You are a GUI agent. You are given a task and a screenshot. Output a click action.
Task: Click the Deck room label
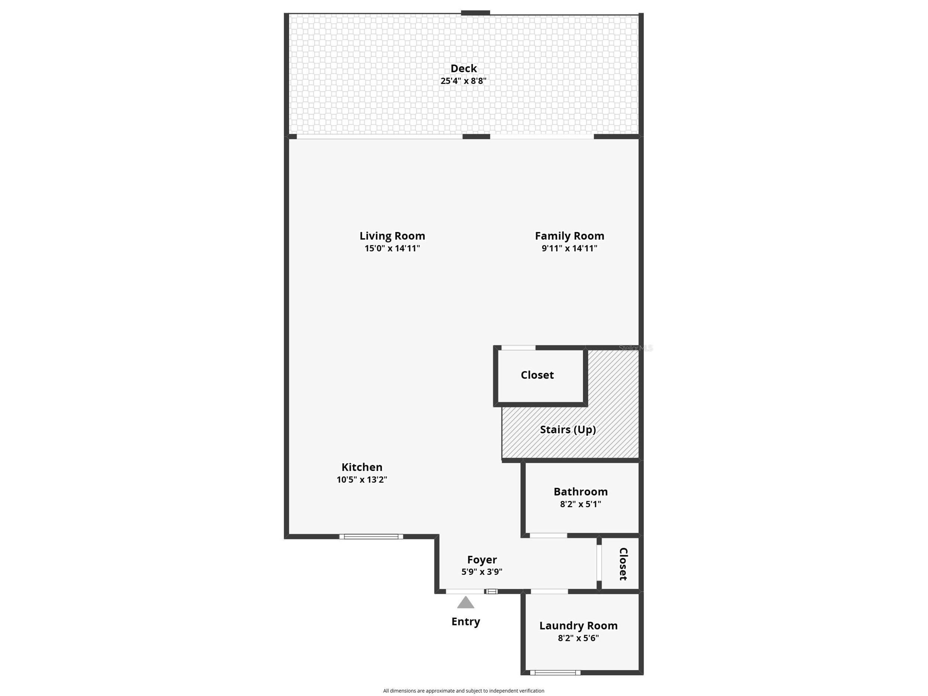[x=463, y=68]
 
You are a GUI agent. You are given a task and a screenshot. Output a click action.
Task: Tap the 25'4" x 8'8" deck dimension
[x=463, y=81]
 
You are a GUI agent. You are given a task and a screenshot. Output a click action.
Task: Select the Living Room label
[x=392, y=236]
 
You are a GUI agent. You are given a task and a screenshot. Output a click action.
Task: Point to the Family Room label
[x=569, y=236]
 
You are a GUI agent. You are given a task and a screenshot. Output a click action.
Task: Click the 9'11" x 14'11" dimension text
[x=569, y=248]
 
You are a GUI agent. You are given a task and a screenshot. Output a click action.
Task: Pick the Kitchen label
[x=362, y=467]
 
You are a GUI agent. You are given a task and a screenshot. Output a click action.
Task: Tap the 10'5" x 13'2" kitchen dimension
[x=362, y=479]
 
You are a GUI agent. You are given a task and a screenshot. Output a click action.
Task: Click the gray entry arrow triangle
[x=466, y=603]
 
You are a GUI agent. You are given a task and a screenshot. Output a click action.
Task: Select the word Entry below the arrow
[x=466, y=621]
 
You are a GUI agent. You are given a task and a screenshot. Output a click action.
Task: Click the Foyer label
[x=482, y=560]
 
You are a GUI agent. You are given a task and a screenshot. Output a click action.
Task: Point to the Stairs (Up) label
[x=568, y=430]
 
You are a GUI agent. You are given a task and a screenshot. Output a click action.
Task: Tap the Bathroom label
[x=580, y=492]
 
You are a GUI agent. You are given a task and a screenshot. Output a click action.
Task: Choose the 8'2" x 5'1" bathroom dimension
[x=580, y=504]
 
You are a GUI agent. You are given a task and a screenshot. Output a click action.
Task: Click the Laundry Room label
[x=579, y=625]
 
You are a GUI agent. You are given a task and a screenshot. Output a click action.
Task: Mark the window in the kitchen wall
[x=371, y=537]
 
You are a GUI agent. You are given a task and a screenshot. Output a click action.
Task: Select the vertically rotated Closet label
[x=623, y=564]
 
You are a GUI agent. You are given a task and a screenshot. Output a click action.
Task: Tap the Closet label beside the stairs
[x=537, y=375]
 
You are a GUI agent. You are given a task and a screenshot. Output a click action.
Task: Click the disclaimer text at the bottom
[x=463, y=690]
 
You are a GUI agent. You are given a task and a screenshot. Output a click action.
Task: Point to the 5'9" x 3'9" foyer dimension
[x=482, y=572]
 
